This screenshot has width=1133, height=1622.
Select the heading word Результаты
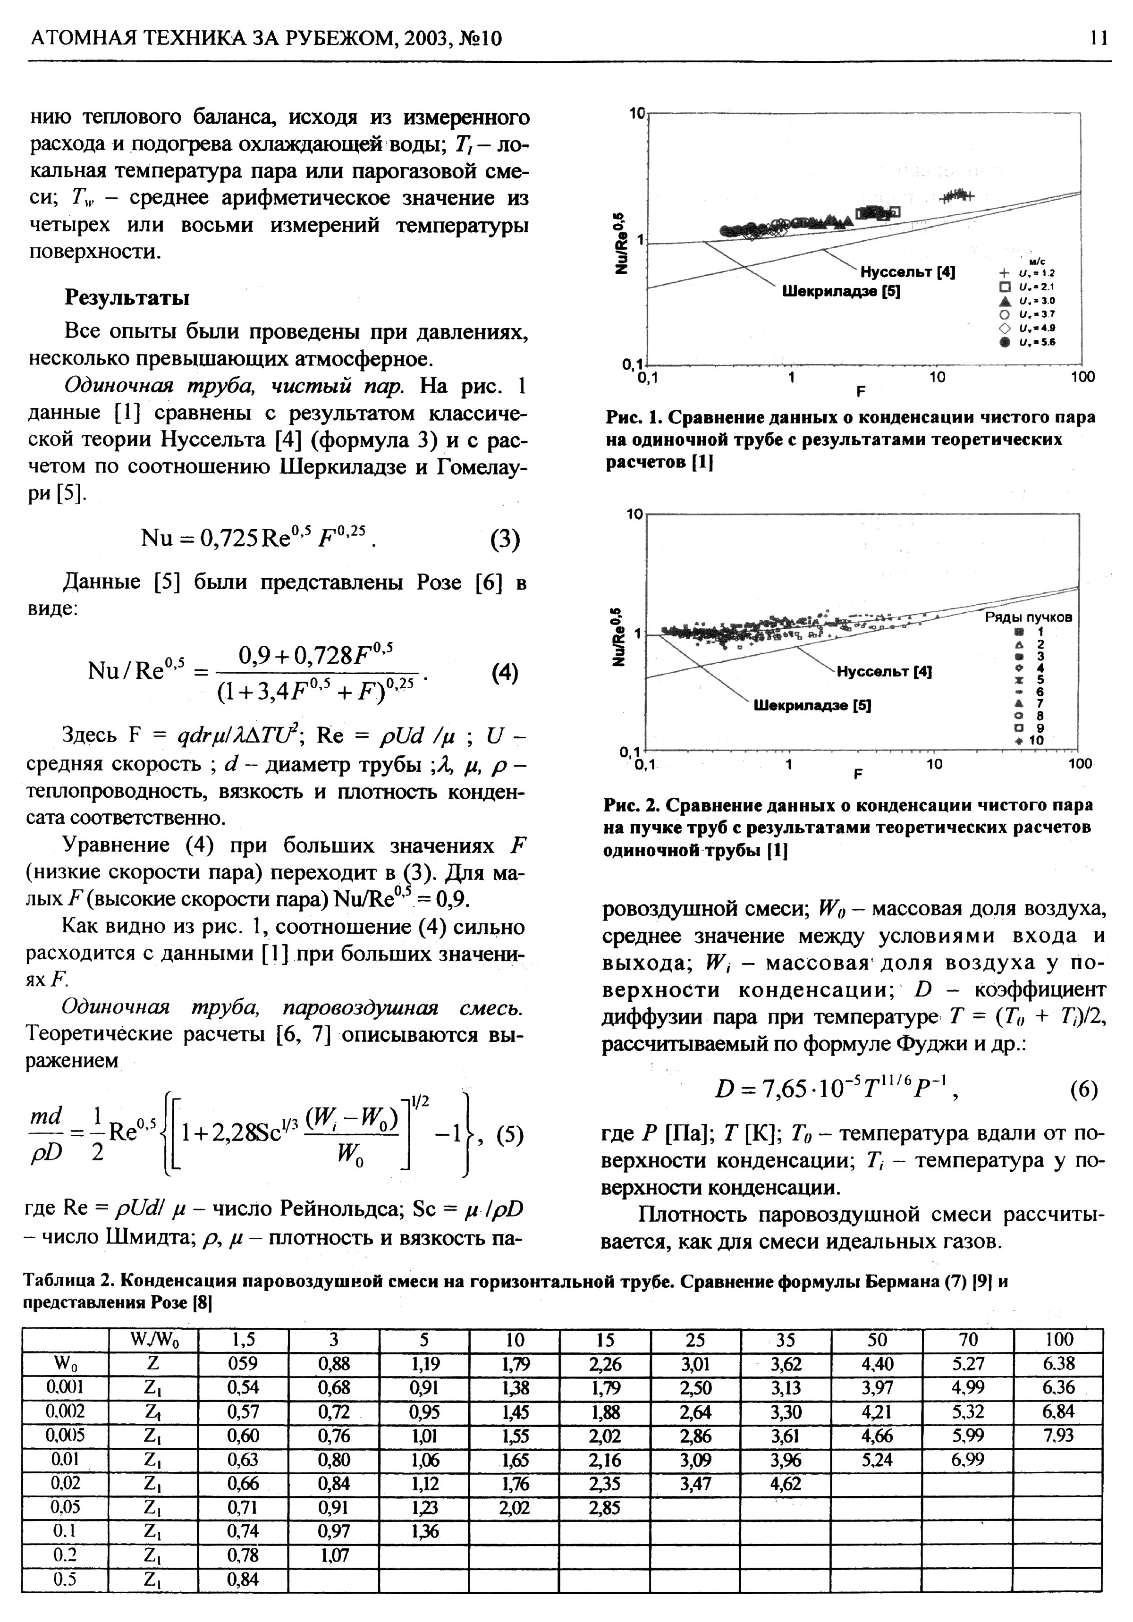click(x=127, y=297)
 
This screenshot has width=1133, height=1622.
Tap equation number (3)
click(x=504, y=540)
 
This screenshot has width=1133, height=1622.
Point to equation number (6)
click(x=1083, y=1090)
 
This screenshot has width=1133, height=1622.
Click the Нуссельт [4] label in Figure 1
click(x=907, y=273)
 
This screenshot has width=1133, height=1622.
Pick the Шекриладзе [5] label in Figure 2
click(x=812, y=705)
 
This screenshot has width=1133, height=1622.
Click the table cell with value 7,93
click(x=1057, y=1436)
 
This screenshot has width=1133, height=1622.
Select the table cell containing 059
click(x=244, y=1363)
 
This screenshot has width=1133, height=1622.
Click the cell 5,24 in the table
click(x=877, y=1460)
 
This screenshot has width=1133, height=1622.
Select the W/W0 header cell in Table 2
click(x=154, y=1339)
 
